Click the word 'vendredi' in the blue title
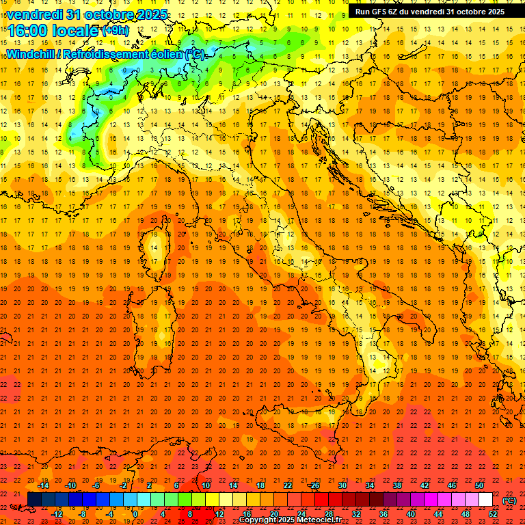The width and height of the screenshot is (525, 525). click(x=35, y=14)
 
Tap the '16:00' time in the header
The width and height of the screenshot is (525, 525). click(x=27, y=31)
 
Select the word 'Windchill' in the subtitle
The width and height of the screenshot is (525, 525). click(x=31, y=54)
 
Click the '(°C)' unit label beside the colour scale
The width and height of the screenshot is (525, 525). click(x=509, y=500)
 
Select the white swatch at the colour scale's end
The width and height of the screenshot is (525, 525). click(x=485, y=500)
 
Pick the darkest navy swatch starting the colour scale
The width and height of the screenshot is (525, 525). click(x=34, y=500)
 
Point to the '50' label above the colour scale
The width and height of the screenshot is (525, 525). click(x=479, y=485)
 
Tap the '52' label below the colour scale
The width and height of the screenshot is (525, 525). click(x=493, y=514)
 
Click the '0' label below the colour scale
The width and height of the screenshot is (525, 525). click(x=135, y=514)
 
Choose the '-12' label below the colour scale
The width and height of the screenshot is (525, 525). click(x=57, y=514)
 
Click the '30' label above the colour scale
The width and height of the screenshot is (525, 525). click(x=342, y=485)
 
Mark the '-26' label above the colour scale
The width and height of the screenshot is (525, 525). click(x=314, y=485)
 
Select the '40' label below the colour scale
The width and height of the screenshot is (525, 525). click(x=410, y=514)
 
